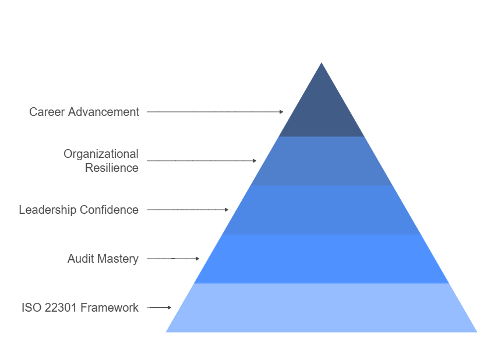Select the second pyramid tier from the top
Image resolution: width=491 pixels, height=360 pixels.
[x=322, y=161]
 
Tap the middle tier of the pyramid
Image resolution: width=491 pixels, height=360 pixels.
[x=322, y=210]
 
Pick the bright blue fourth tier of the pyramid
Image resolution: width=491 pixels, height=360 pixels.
[x=322, y=259]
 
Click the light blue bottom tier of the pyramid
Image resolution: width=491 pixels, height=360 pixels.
[x=322, y=308]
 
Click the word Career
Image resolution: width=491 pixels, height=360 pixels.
[x=47, y=112]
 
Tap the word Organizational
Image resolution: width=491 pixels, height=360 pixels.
[x=101, y=154]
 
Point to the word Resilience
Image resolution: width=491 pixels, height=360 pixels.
[x=112, y=168]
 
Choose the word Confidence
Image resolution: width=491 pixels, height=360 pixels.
[x=109, y=210]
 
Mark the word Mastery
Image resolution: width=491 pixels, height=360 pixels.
[x=118, y=259]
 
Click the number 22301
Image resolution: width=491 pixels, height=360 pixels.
[x=59, y=308]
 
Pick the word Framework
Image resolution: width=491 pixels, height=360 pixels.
[x=109, y=308]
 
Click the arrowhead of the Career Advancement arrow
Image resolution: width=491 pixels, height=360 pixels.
[x=281, y=111]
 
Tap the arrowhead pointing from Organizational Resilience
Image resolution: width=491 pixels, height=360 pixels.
[x=254, y=160]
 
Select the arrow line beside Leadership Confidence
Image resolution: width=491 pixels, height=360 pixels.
[x=186, y=209]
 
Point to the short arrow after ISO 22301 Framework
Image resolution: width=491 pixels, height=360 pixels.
[x=160, y=307]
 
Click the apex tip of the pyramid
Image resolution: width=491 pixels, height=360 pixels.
[x=322, y=65]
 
